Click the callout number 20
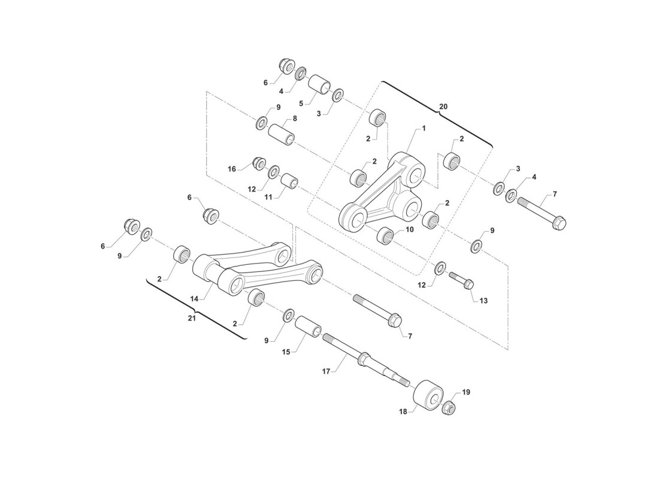443,107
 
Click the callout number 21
192,318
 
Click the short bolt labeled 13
461,280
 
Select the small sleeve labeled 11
289,183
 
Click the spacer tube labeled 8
282,133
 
